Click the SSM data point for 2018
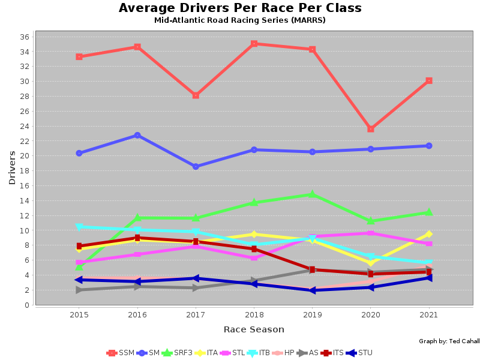coord(254,44)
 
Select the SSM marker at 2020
coord(371,129)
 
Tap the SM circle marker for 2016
coord(137,136)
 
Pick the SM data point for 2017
coord(196,167)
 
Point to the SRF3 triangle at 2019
coord(312,194)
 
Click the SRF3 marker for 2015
coord(79,267)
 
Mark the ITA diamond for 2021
coord(429,234)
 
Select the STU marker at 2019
coord(312,290)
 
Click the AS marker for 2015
coord(79,290)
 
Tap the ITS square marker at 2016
coord(137,238)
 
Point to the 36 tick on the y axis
coord(25,37)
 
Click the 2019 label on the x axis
coord(312,314)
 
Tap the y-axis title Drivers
coord(12,167)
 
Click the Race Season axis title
coord(254,329)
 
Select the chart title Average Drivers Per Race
coord(240,8)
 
